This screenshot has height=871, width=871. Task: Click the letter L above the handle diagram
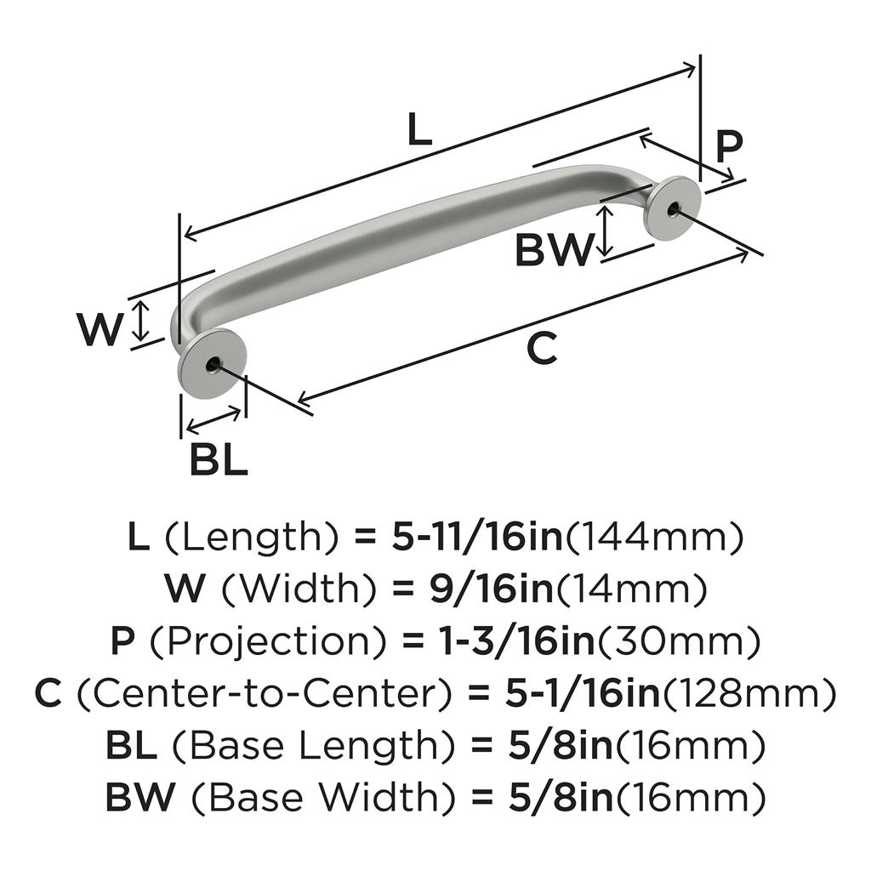coord(419,129)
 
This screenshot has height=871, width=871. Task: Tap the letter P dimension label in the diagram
coord(728,146)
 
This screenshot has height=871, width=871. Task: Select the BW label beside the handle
coord(553,251)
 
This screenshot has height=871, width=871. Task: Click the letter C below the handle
coord(542,348)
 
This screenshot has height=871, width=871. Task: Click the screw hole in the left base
coord(209,366)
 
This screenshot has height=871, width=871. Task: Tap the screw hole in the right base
coord(675,208)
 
